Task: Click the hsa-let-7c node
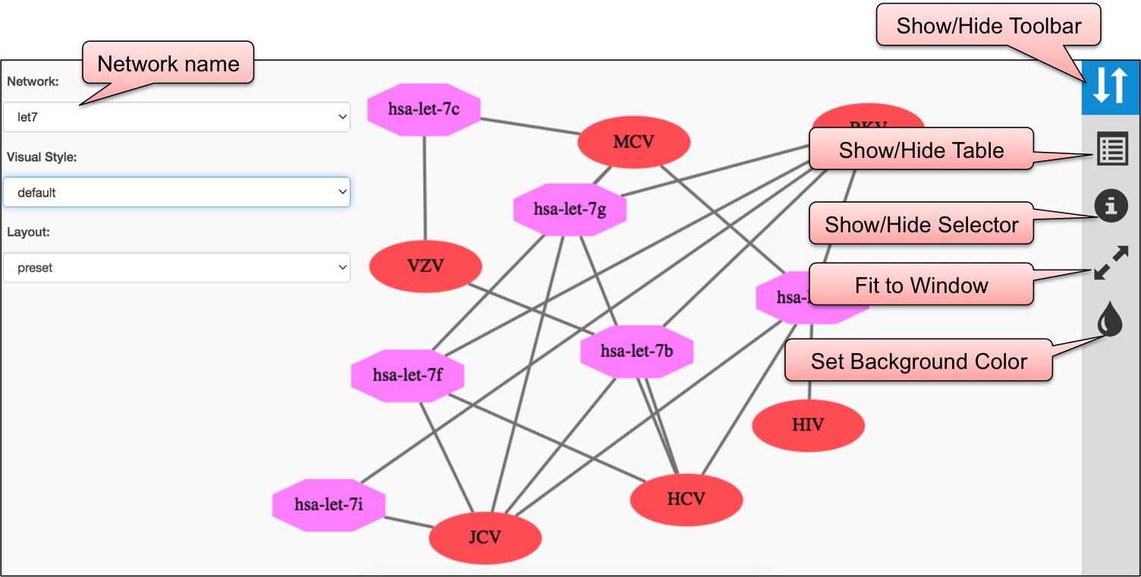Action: click(x=424, y=109)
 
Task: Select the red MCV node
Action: click(x=633, y=142)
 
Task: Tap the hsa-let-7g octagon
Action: click(x=570, y=210)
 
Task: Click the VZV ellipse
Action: click(x=426, y=266)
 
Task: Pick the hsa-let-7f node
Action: click(x=407, y=375)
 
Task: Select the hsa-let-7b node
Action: click(x=637, y=352)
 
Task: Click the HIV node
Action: click(x=808, y=425)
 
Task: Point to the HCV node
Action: click(x=686, y=500)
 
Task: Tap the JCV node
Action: click(x=485, y=538)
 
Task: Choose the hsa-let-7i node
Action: click(x=329, y=505)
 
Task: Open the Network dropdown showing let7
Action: click(x=176, y=118)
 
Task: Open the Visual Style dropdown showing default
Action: click(x=176, y=193)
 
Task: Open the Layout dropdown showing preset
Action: click(x=176, y=268)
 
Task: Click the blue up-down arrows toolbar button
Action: click(x=1111, y=86)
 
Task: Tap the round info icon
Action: click(x=1111, y=206)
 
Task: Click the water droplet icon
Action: click(x=1110, y=320)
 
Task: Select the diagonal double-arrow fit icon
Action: click(x=1111, y=263)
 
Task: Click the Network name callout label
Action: click(x=168, y=64)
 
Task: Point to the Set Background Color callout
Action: click(x=918, y=361)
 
